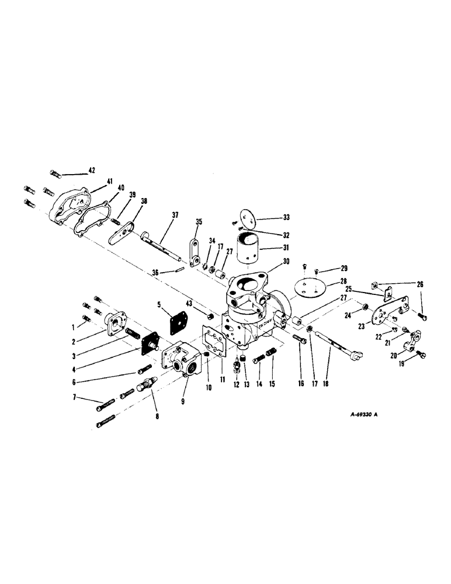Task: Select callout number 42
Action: coord(92,171)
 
